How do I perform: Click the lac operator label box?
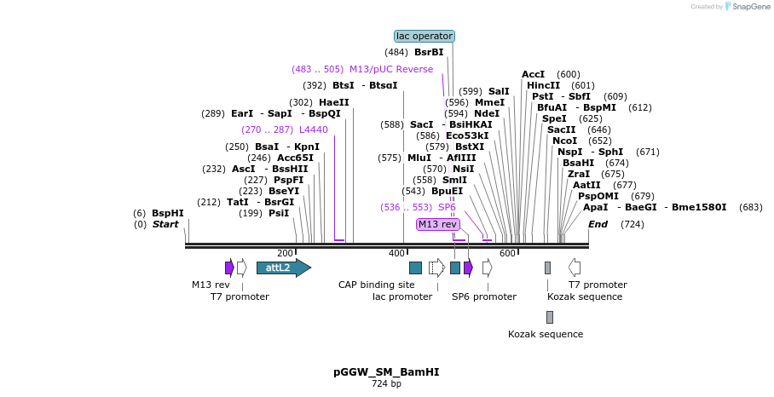pyautogui.click(x=425, y=36)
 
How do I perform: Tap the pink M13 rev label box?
pyautogui.click(x=437, y=224)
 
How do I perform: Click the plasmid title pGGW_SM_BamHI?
pyautogui.click(x=386, y=372)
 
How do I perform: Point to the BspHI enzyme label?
pyautogui.click(x=168, y=213)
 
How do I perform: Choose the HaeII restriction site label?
pyautogui.click(x=334, y=102)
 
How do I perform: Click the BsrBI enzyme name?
pyautogui.click(x=429, y=52)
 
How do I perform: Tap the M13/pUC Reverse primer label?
pyautogui.click(x=391, y=69)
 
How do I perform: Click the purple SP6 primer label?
pyautogui.click(x=447, y=207)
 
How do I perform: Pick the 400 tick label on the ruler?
pyautogui.click(x=396, y=253)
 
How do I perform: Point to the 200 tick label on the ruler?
pyautogui.click(x=285, y=253)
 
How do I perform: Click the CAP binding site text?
pyautogui.click(x=376, y=285)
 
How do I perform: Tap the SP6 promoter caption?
pyautogui.click(x=483, y=296)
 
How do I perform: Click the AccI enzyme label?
pyautogui.click(x=533, y=74)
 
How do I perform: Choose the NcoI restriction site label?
pyautogui.click(x=564, y=141)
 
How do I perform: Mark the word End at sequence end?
pyautogui.click(x=598, y=224)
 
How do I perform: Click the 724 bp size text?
pyautogui.click(x=386, y=384)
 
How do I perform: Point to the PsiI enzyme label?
pyautogui.click(x=279, y=213)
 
